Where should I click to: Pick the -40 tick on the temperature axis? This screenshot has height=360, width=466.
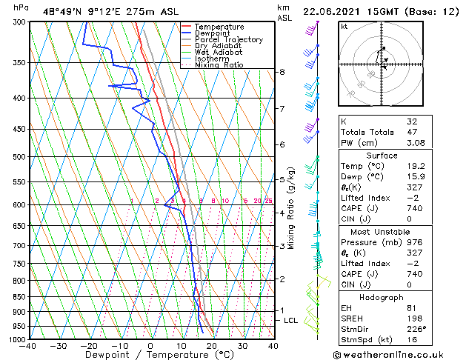[29, 345]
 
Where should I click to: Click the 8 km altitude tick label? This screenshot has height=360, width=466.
[282, 72]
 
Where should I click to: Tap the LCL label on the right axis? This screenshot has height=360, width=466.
[291, 320]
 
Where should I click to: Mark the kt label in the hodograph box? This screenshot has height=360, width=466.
[344, 26]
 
